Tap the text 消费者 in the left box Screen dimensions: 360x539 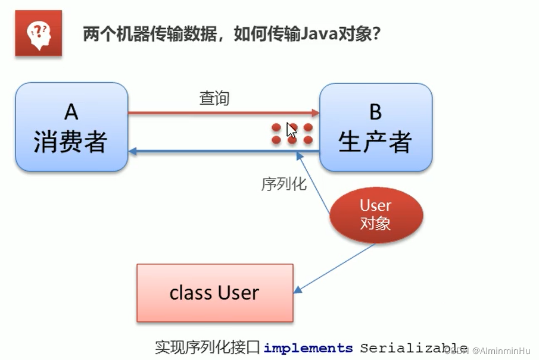tap(71, 142)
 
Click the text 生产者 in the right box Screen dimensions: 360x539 tap(375, 142)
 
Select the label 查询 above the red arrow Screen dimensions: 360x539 tap(214, 99)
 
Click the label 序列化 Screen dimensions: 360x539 tap(284, 184)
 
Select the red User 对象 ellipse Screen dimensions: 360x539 tap(375, 214)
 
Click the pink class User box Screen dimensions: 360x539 tap(214, 293)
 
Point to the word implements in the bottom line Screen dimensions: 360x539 tap(309, 348)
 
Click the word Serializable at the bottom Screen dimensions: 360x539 tap(413, 348)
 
